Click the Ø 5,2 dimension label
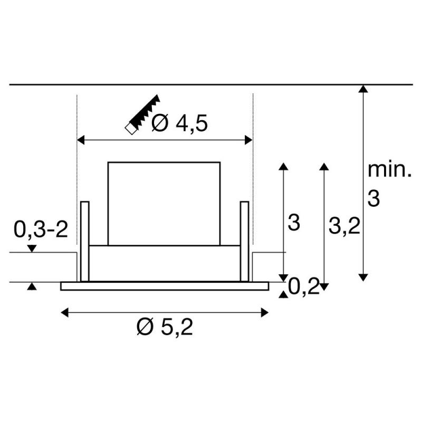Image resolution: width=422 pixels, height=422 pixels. (165, 328)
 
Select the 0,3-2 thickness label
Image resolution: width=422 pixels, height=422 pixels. (41, 229)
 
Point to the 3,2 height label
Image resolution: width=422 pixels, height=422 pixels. (343, 227)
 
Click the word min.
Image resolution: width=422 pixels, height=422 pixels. (389, 170)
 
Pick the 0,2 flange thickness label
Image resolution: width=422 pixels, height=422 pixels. (304, 287)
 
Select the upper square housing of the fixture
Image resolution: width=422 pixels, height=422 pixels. (164, 203)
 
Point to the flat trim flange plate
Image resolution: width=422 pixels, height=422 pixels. (165, 286)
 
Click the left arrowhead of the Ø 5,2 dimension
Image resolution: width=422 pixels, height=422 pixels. (65, 313)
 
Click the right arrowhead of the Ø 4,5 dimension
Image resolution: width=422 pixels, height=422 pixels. (249, 140)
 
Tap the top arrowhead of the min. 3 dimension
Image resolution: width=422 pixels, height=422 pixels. (362, 89)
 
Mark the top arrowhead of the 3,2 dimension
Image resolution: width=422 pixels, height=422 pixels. (324, 168)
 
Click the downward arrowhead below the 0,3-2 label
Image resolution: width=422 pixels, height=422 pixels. (33, 248)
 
